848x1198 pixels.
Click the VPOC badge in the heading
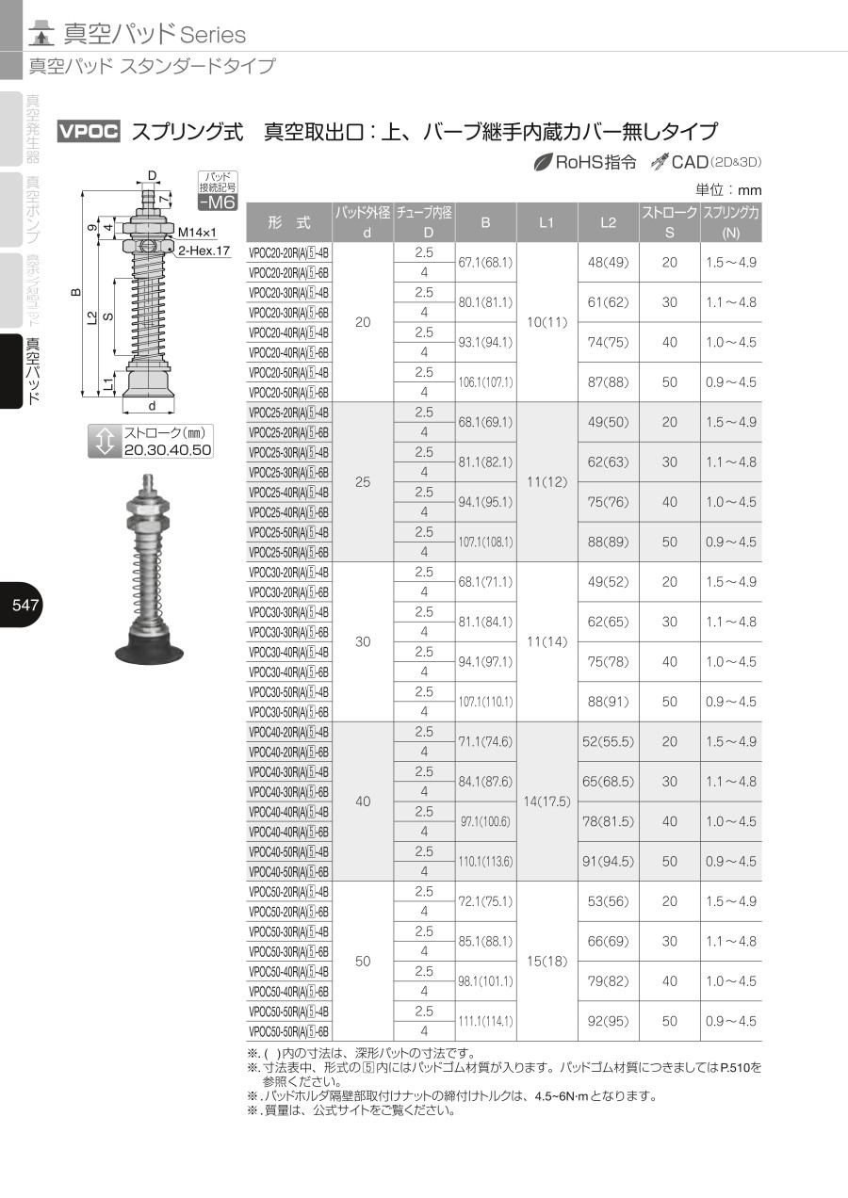(89, 131)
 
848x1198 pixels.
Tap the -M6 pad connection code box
(218, 202)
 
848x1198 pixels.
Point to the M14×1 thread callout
(197, 232)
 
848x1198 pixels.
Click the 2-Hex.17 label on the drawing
(204, 251)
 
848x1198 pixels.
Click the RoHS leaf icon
(543, 162)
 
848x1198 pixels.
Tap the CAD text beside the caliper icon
(690, 162)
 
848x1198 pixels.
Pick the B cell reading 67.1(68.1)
(485, 263)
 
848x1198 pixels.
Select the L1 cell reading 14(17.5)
(546, 801)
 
